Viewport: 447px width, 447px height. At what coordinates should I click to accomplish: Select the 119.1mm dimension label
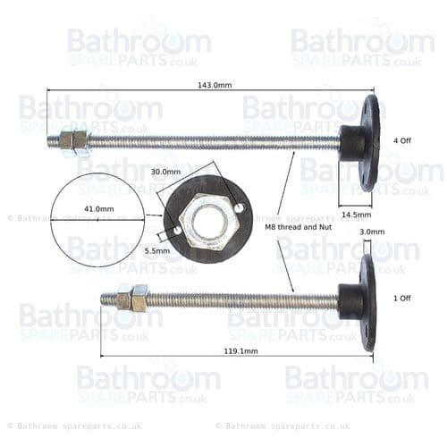(240, 351)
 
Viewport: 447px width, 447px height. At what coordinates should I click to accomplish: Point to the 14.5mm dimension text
(356, 215)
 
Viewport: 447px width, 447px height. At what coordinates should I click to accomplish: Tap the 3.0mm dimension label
(371, 232)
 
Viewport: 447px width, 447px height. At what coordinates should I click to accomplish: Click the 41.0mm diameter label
(98, 208)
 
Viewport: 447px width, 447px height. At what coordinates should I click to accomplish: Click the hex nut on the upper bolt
(73, 141)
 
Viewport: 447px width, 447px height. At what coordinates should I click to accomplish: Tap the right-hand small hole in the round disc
(240, 209)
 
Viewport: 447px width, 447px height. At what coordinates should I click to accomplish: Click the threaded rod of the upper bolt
(215, 141)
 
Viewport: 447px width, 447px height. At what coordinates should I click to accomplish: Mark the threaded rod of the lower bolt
(241, 300)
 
